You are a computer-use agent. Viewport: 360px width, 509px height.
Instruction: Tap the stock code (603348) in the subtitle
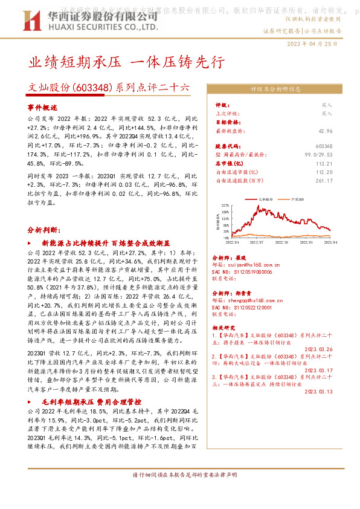coord(93,88)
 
